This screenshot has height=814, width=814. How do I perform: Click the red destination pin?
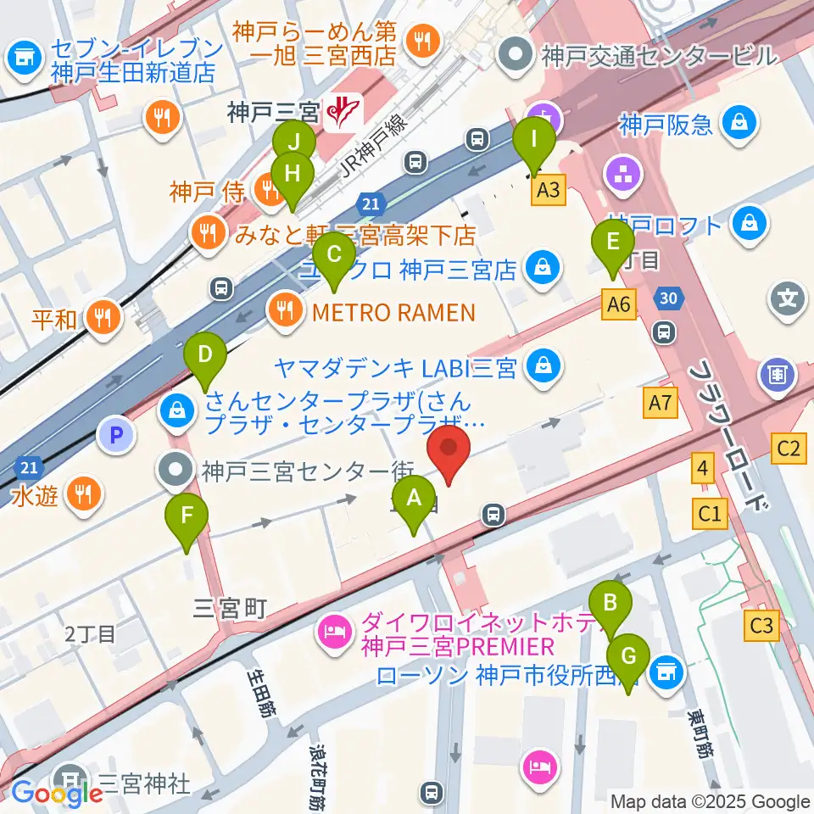click(x=449, y=454)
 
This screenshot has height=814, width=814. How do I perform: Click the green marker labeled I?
click(x=534, y=145)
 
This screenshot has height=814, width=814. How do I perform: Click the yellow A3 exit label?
click(x=549, y=191)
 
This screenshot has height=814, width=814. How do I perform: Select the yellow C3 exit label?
click(x=762, y=627)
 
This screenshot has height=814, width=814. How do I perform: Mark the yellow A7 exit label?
click(x=661, y=405)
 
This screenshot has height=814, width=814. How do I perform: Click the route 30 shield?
click(x=667, y=297)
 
